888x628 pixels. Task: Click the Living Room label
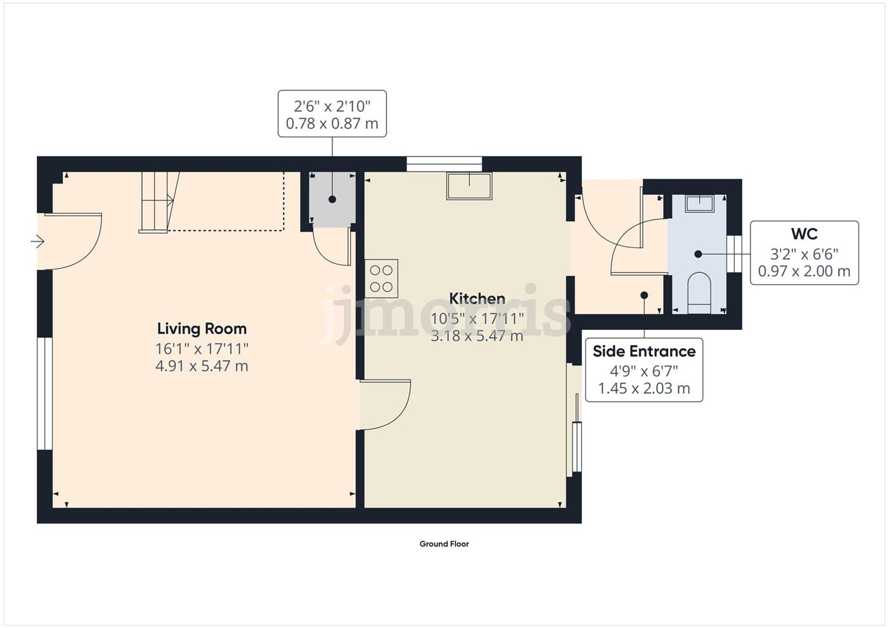click(x=202, y=329)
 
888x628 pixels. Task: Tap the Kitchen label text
click(x=477, y=299)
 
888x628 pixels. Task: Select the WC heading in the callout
click(x=804, y=234)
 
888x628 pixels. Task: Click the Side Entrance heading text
click(x=644, y=352)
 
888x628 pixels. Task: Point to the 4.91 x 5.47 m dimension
click(x=202, y=366)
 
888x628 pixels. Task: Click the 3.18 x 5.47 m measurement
click(x=477, y=336)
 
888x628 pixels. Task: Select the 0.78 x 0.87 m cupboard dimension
click(x=332, y=123)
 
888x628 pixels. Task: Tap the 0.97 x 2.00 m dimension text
click(x=804, y=271)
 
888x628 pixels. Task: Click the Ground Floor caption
click(x=444, y=544)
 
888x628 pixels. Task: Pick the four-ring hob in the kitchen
click(x=381, y=278)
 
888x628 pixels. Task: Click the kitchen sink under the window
click(x=469, y=186)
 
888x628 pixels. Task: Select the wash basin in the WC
click(x=699, y=204)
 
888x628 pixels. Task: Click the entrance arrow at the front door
click(x=38, y=242)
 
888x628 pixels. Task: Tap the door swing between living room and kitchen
click(x=385, y=405)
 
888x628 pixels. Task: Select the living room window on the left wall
click(x=44, y=394)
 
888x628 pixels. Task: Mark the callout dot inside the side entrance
click(x=644, y=295)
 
